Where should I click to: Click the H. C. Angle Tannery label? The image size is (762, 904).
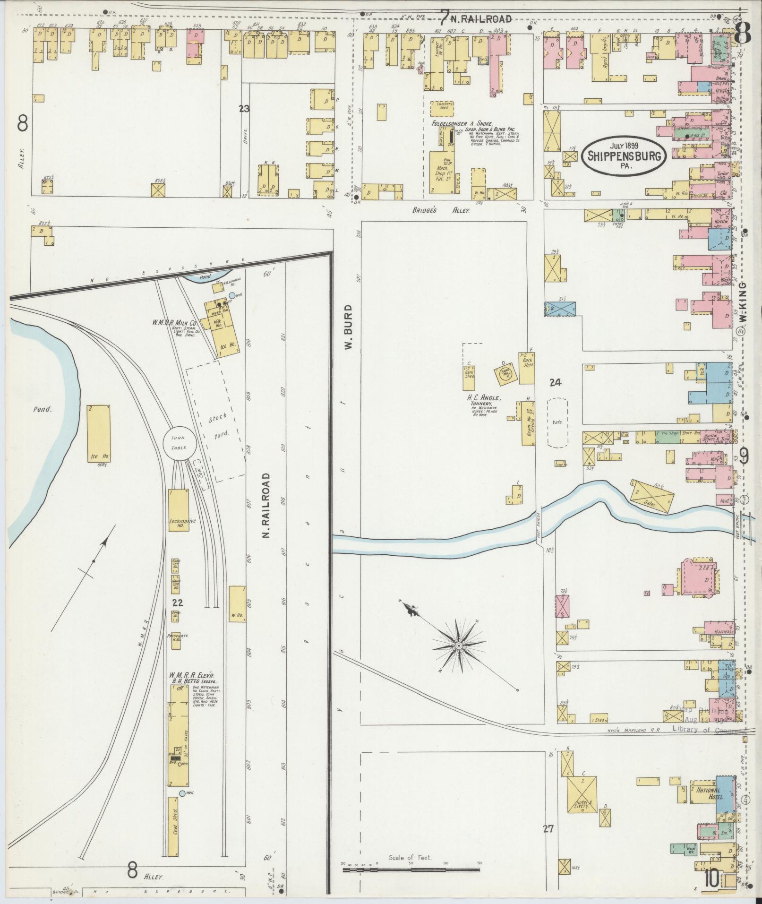480,402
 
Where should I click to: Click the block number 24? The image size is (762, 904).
555,383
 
